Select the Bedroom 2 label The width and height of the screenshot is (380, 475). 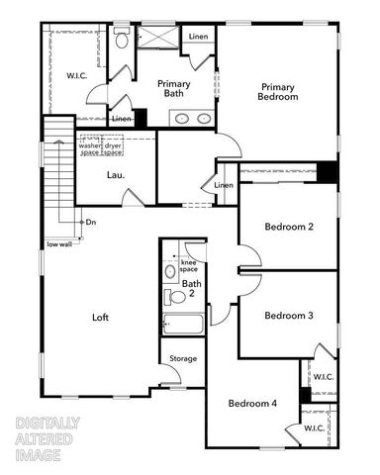click(289, 227)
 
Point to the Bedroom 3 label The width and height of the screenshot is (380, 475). click(289, 315)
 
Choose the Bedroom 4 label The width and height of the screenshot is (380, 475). click(253, 403)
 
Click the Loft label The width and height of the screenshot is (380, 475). click(100, 318)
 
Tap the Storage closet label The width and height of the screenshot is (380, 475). click(182, 358)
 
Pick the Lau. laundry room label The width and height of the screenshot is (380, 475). click(115, 175)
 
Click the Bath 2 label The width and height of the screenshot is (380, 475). click(190, 287)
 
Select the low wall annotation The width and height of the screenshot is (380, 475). click(58, 243)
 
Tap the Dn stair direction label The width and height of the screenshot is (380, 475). click(91, 222)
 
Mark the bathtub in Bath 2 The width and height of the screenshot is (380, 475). click(183, 324)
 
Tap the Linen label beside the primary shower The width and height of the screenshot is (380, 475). click(198, 37)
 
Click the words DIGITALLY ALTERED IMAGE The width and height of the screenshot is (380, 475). click(47, 438)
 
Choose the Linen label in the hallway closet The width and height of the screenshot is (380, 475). click(224, 185)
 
